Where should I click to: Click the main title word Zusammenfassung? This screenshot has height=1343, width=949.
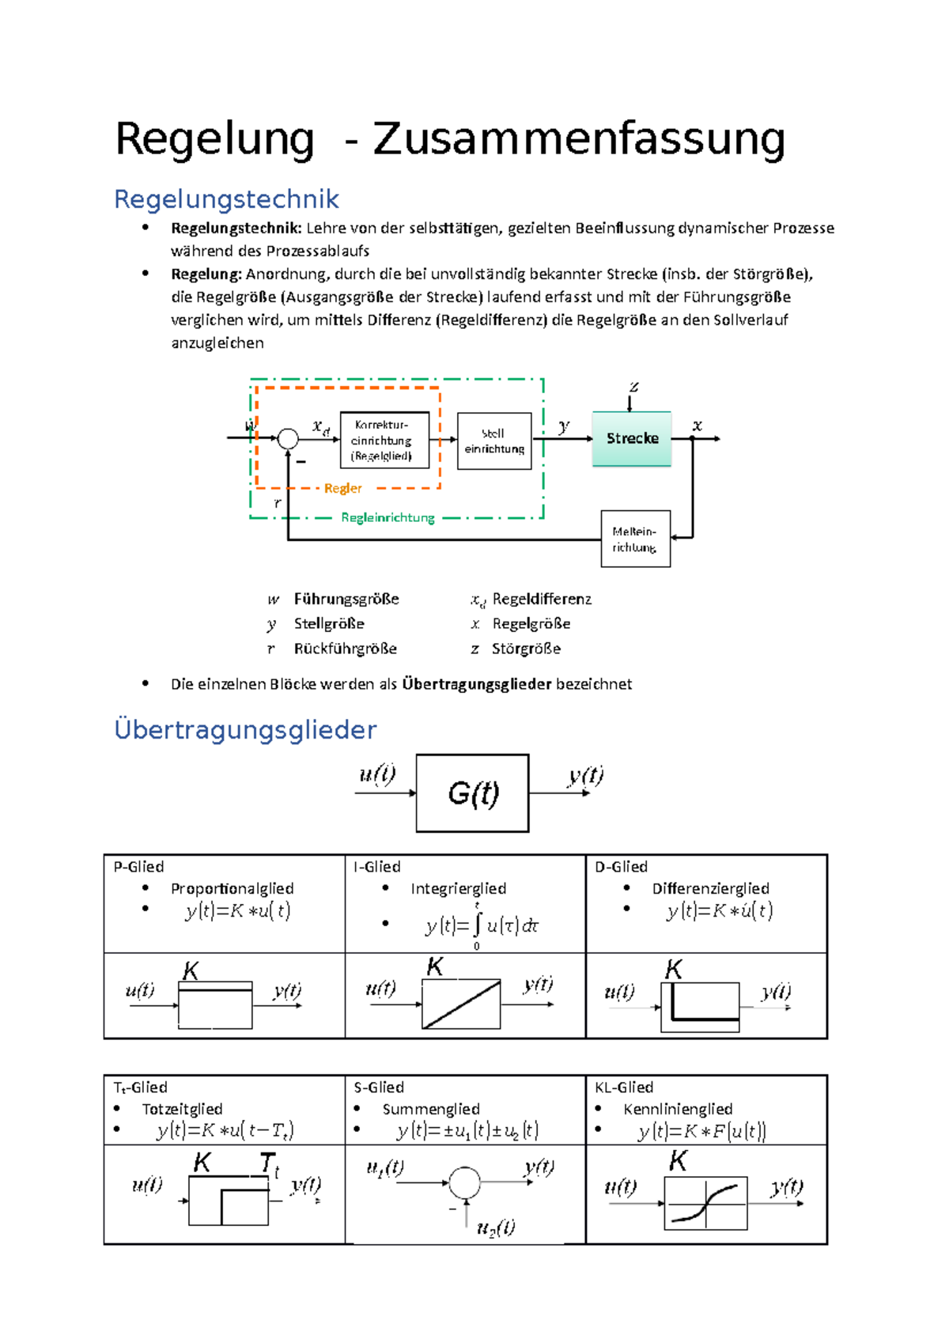[x=579, y=138]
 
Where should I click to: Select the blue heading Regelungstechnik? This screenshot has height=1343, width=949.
[x=226, y=199]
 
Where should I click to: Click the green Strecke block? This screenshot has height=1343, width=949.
[x=632, y=438]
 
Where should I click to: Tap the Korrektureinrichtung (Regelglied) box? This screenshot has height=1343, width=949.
[x=384, y=440]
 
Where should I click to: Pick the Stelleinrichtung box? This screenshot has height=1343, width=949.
[x=494, y=441]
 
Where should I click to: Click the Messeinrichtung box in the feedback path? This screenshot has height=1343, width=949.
[x=635, y=539]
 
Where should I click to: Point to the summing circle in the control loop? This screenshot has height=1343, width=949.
[x=288, y=438]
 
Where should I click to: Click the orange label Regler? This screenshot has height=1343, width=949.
[x=342, y=488]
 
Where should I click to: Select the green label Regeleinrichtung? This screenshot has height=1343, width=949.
[x=388, y=517]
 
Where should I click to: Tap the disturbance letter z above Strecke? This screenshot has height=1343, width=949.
[x=633, y=387]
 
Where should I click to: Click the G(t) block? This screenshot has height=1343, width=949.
[x=473, y=793]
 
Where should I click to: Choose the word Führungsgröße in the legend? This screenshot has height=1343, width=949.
[x=346, y=599]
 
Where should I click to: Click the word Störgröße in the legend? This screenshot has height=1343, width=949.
[x=526, y=649]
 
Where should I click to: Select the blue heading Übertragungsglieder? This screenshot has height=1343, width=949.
[x=245, y=729]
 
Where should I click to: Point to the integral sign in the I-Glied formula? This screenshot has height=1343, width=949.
[x=477, y=924]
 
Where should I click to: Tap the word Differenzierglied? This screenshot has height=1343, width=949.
[x=710, y=888]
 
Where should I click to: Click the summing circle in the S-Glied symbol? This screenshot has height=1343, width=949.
[x=465, y=1182]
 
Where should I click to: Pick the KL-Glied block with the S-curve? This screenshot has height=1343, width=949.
[x=705, y=1203]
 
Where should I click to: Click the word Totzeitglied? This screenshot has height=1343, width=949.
[x=182, y=1109]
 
